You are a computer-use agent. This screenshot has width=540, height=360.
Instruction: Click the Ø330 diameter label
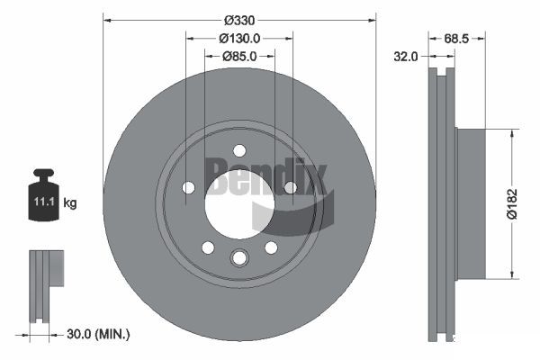tap(239, 21)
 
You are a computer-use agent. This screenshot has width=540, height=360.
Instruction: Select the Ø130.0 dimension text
tap(239, 38)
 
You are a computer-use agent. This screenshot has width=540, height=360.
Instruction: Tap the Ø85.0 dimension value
tap(239, 56)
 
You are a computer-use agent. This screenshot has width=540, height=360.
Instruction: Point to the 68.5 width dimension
tap(456, 39)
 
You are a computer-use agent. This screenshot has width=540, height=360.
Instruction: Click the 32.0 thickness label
tap(405, 56)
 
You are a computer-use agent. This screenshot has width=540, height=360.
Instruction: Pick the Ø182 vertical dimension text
tap(512, 203)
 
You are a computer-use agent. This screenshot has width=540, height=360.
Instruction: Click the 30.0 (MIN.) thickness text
tap(98, 334)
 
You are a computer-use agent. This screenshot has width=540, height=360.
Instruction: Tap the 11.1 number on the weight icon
tap(44, 202)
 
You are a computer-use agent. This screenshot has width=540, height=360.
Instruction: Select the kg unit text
tap(70, 202)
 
